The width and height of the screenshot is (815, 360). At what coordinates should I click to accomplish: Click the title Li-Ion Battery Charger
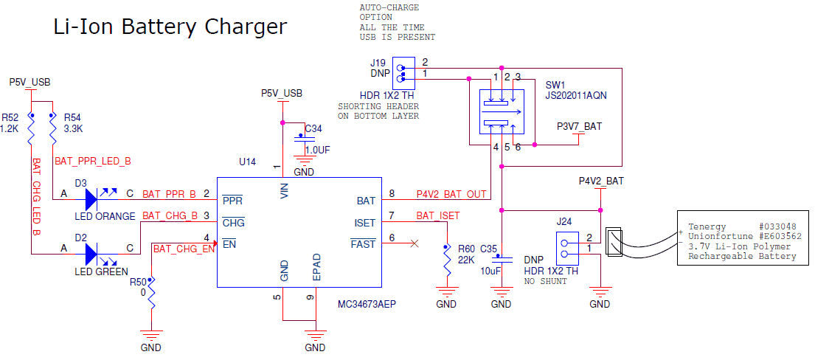pos(170,27)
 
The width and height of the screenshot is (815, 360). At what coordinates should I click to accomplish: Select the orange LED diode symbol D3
pos(91,197)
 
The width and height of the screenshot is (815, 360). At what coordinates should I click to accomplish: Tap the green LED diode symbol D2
pos(91,253)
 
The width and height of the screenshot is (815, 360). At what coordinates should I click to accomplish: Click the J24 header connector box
pos(568,248)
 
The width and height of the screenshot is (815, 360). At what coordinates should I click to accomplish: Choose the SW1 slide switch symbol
pos(502,111)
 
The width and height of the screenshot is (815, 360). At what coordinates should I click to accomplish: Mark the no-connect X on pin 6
pos(415,243)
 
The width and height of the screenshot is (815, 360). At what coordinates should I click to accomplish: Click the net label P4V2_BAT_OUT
pos(451,194)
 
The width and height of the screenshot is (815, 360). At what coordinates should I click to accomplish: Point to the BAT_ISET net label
pos(437,215)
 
